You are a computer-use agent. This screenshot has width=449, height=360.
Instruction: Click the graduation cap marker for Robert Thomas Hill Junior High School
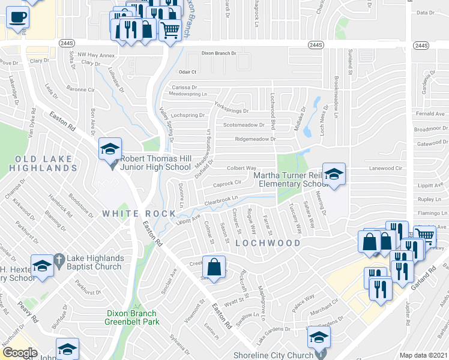tap(110, 149)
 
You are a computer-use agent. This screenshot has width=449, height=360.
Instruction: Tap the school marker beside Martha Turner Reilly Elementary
tap(334, 175)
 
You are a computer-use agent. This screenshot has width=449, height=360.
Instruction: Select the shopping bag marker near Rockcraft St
tap(214, 266)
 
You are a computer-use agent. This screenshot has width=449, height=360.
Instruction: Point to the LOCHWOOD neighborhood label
tap(268, 243)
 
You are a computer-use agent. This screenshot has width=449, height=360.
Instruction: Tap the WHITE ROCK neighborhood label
tap(130, 214)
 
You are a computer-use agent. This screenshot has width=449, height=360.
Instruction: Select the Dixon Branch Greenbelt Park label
tap(131, 317)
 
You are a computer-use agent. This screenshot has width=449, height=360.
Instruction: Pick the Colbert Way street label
tap(241, 169)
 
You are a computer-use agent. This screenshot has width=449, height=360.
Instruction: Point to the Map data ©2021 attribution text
tap(423, 355)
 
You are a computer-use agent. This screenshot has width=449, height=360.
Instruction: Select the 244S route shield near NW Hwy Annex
tap(67, 43)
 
